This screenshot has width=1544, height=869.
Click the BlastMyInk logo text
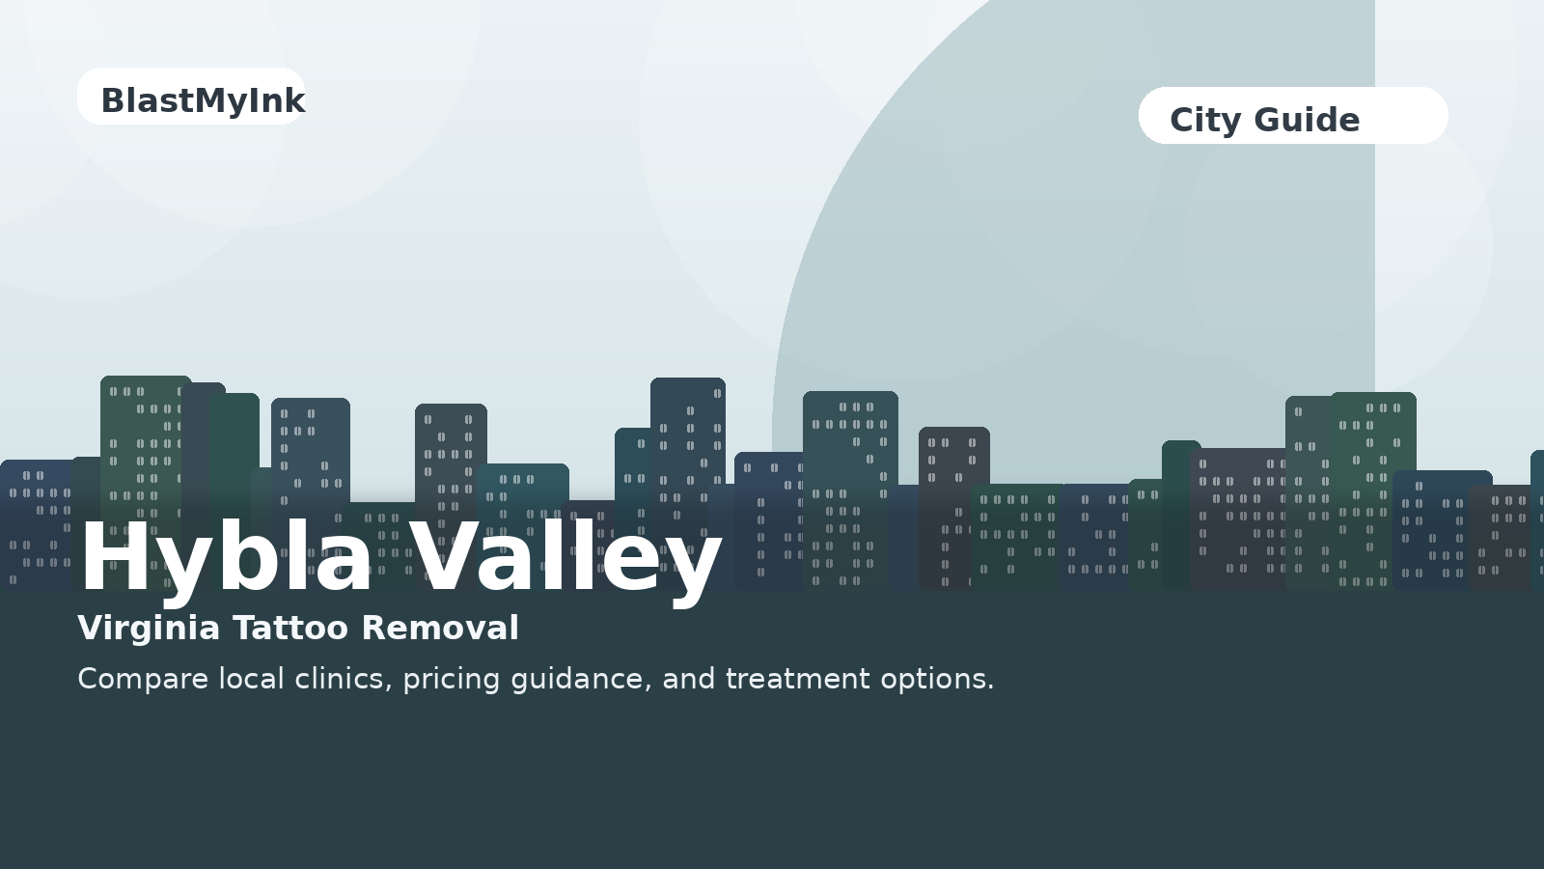coord(203,100)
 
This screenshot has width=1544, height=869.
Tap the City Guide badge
coord(1292,116)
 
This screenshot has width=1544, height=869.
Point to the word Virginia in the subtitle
coord(149,629)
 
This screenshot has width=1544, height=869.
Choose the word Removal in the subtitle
coord(440,629)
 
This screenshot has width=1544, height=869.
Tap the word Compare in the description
coord(143,679)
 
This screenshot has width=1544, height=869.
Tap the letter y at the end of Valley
coord(694,565)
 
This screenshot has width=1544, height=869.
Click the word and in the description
coord(689,679)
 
